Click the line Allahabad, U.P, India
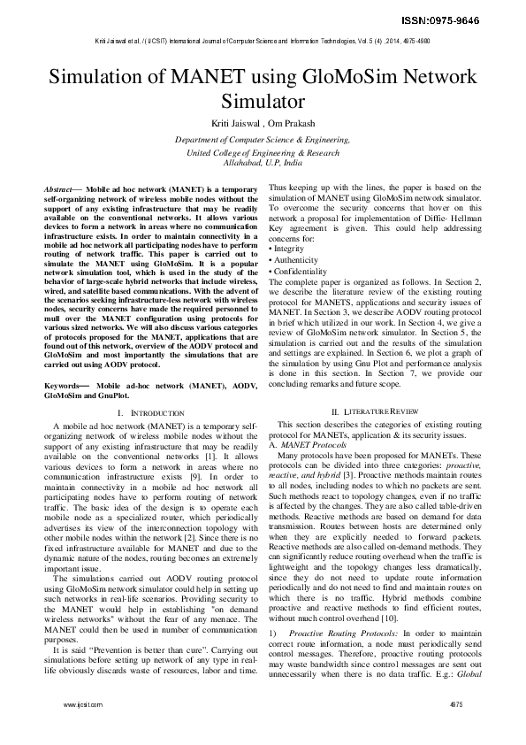263,164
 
